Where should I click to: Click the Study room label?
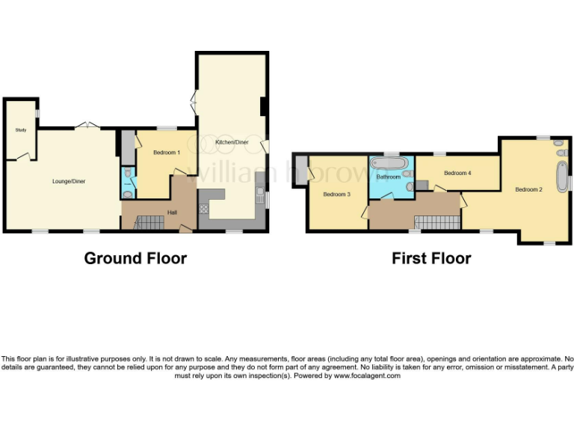(x=21, y=130)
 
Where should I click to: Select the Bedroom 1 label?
(x=167, y=153)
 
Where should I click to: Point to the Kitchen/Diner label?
(x=232, y=142)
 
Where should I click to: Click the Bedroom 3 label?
(x=336, y=195)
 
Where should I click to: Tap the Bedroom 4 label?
(x=457, y=173)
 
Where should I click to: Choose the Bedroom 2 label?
(x=528, y=189)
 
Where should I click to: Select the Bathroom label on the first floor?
(x=388, y=177)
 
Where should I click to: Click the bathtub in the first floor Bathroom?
(x=389, y=163)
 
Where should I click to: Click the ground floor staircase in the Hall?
(x=149, y=223)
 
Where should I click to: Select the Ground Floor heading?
(x=135, y=258)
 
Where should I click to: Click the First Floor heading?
(x=431, y=258)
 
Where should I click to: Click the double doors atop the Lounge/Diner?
(x=87, y=126)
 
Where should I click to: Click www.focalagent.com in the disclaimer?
(x=367, y=376)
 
